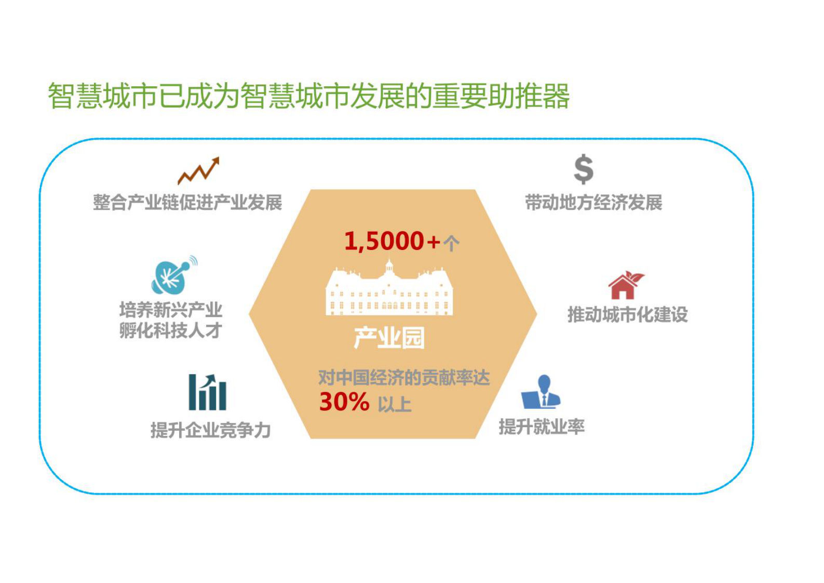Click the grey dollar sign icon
tap(584, 170)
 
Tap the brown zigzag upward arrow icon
tap(199, 171)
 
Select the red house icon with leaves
tap(626, 285)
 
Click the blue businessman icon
tap(541, 392)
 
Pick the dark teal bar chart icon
tap(208, 392)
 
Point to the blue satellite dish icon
tap(174, 275)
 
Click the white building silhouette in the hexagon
tap(389, 288)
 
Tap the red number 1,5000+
tap(392, 242)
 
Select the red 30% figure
tap(344, 402)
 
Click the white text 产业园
tap(389, 338)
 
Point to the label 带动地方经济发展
tap(593, 203)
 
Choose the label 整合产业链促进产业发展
tap(187, 203)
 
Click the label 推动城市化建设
tap(628, 315)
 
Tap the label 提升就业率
tap(542, 427)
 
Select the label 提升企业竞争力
tap(211, 430)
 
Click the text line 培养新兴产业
tap(171, 310)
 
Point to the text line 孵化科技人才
tap(171, 330)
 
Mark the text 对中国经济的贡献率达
tap(404, 378)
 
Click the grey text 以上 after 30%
tap(394, 404)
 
